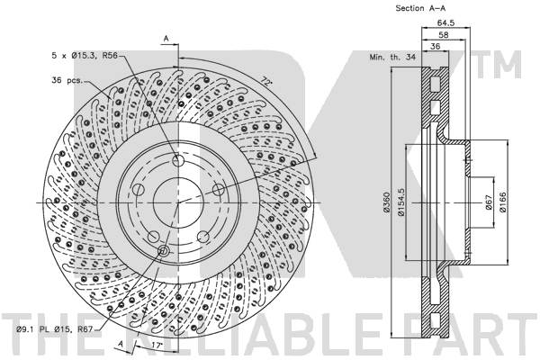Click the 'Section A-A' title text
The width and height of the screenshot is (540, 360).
point(420,8)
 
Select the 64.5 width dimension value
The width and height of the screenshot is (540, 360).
point(446,23)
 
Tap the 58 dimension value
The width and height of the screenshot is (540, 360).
point(444,35)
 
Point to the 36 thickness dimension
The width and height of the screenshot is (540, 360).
point(436,46)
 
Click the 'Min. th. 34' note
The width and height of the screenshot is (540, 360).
point(392,57)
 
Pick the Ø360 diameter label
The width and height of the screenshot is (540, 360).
point(386,202)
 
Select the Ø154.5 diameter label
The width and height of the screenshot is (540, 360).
point(401,202)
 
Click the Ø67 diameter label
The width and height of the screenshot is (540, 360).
point(488,202)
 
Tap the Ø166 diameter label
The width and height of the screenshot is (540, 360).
point(502,202)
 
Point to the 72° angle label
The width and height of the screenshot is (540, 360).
point(265,82)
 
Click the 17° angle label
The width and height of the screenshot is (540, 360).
point(157,344)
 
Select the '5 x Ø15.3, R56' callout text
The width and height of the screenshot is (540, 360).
point(85,55)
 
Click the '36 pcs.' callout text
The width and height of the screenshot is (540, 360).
point(67,80)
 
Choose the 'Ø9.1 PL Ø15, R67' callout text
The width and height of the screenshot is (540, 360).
point(55,329)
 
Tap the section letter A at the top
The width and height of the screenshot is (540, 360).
point(166,38)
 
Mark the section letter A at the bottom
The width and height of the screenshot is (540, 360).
point(121,344)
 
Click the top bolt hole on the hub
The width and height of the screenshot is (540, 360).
point(178,160)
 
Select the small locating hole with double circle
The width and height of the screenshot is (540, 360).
point(163,251)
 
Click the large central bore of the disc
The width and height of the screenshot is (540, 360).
point(178,202)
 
